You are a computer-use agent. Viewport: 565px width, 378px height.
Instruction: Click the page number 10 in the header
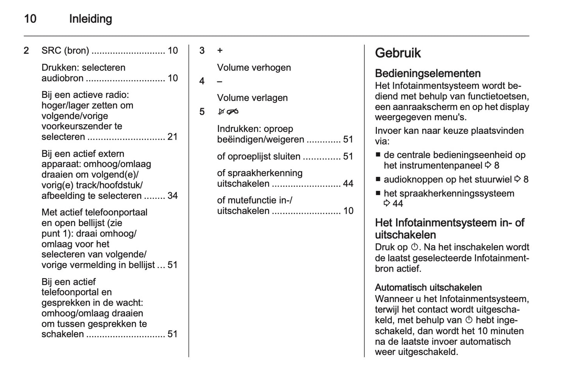[30, 19]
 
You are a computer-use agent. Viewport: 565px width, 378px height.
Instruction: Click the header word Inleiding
[90, 19]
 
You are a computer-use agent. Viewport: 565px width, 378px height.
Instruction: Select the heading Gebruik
[398, 53]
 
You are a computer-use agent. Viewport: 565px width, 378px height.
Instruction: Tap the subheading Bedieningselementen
[428, 73]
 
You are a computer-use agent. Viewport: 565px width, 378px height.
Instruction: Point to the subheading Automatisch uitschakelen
[428, 287]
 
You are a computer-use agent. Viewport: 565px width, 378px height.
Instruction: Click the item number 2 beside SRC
[26, 50]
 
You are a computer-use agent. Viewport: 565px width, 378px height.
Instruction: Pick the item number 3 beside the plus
[202, 50]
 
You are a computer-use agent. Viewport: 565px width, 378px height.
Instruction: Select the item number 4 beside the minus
[202, 81]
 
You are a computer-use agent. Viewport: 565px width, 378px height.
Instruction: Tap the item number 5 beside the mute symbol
[202, 112]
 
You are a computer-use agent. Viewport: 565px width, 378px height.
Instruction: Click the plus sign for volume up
[220, 50]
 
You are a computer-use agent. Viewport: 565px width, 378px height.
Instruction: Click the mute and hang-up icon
[228, 112]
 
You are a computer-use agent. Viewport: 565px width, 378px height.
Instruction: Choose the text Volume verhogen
[254, 67]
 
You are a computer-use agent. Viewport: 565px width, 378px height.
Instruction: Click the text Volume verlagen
[252, 98]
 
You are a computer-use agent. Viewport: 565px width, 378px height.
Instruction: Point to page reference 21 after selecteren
[172, 137]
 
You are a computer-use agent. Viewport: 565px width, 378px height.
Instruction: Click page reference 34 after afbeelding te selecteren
[172, 196]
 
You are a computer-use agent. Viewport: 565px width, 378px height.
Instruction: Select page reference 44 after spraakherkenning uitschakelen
[348, 184]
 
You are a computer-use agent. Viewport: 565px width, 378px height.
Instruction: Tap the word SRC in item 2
[51, 50]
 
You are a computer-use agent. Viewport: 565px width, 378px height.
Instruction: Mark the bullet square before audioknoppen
[378, 180]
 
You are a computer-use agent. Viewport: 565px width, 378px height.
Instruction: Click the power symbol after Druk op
[414, 247]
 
